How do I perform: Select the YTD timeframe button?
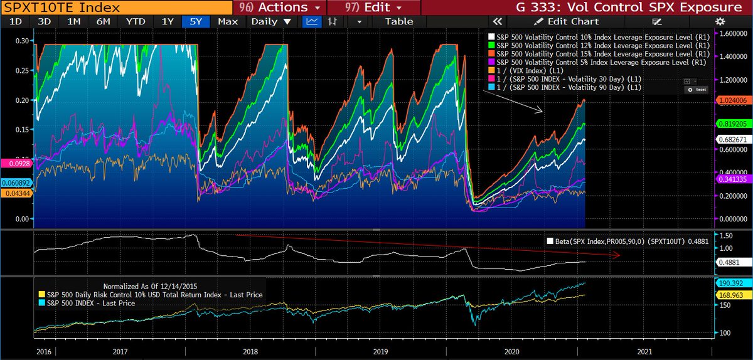(x=136, y=21)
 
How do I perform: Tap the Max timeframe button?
(x=228, y=21)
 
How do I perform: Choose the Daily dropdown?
(x=271, y=21)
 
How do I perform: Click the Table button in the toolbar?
(x=399, y=21)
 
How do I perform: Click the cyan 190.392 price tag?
(x=732, y=283)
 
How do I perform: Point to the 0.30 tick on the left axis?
(x=21, y=41)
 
